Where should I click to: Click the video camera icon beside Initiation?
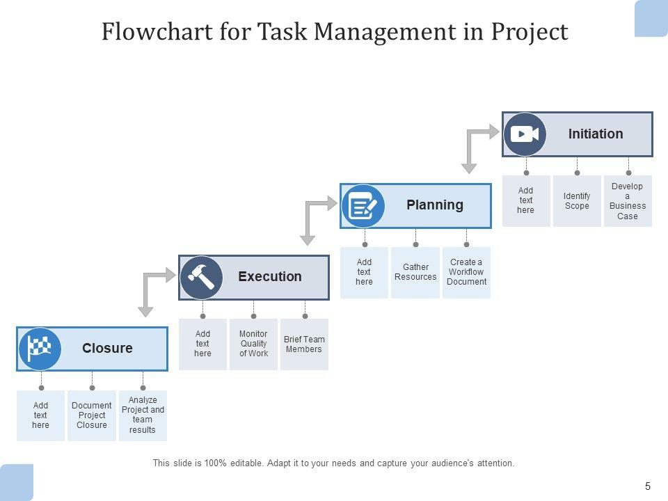click(x=525, y=134)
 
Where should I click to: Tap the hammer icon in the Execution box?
click(x=201, y=278)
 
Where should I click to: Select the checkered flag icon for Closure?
click(x=40, y=349)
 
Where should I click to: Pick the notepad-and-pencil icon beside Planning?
click(x=363, y=206)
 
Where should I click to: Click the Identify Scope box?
click(x=577, y=200)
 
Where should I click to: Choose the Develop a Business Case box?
click(x=628, y=200)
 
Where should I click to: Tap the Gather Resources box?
click(x=415, y=272)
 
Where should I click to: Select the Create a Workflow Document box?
click(x=466, y=272)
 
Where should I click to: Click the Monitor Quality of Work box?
click(x=253, y=344)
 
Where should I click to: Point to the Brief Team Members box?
click(x=304, y=344)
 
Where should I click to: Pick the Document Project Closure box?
click(x=92, y=415)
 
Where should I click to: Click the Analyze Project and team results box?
click(x=143, y=415)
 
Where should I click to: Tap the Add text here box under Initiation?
click(x=526, y=200)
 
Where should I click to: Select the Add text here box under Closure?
click(x=40, y=415)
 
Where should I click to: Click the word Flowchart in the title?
click(x=157, y=31)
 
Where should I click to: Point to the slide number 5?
click(x=648, y=486)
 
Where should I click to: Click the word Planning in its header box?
click(x=434, y=205)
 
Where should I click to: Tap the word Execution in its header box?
click(x=270, y=276)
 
